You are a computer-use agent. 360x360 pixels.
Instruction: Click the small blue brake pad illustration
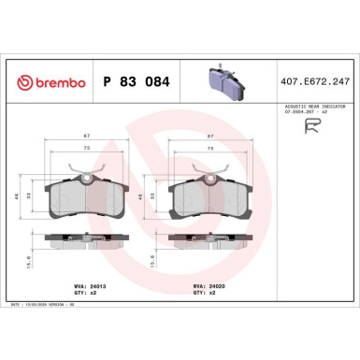(223, 81)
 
